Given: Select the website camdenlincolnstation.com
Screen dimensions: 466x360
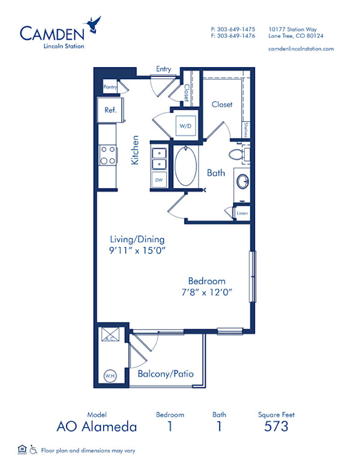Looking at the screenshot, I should pos(301,49).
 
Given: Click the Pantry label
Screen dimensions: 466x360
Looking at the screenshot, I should pos(110,87).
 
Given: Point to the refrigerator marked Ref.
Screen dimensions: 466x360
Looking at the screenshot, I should pos(110,110).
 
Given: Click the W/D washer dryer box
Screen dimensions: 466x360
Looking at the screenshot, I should pos(184,126).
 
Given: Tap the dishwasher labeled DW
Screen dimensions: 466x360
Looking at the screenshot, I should pos(159,179).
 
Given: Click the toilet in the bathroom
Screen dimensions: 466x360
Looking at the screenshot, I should pos(237,155).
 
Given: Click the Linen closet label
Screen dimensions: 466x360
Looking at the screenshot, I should pos(242,213).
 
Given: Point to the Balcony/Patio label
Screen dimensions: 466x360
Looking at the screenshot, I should pos(166,374).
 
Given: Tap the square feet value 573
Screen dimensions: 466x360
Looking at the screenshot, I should pos(276,426).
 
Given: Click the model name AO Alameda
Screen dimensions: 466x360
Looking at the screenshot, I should pos(97,427).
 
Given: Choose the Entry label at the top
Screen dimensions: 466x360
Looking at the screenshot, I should pos(164,69).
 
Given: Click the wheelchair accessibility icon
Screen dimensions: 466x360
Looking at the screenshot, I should pos(34,449).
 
